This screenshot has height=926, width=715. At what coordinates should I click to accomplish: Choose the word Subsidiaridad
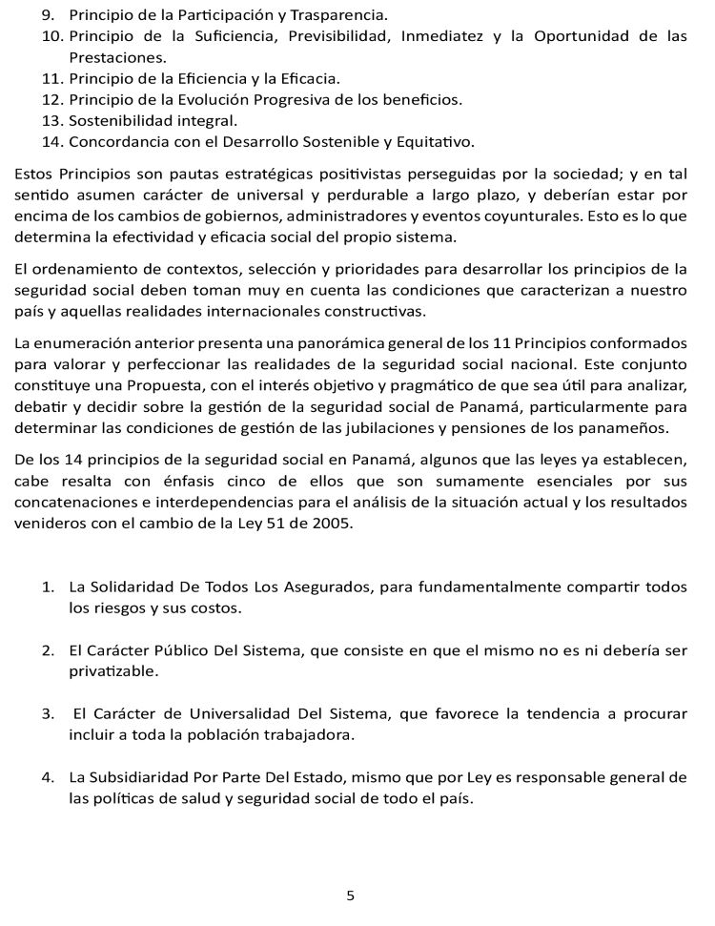pos(141,777)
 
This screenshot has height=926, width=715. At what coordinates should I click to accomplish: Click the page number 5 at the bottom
pos(351,895)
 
